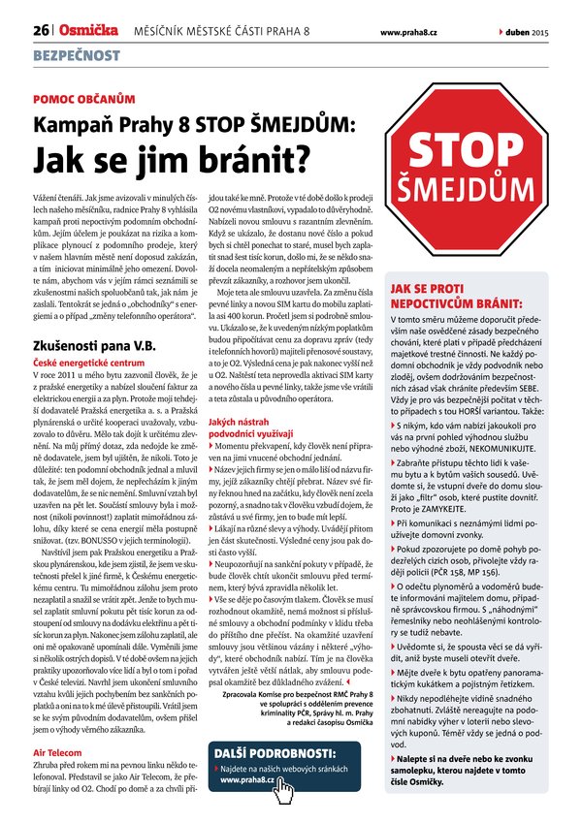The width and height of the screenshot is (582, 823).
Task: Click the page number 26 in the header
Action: coord(42,32)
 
